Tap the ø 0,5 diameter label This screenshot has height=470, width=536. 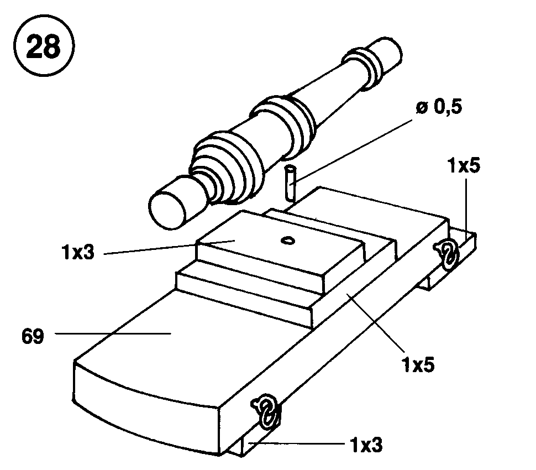click(439, 107)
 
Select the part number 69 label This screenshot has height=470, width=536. click(33, 336)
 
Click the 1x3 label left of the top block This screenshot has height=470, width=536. click(77, 253)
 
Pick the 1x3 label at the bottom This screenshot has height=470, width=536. click(366, 445)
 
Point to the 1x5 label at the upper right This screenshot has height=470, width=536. click(464, 165)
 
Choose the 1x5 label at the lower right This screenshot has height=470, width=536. click(418, 364)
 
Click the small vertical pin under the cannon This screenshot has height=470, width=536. click(290, 183)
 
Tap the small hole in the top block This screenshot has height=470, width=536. click(288, 241)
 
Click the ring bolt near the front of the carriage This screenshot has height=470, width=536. click(266, 412)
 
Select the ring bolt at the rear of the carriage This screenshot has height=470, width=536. click(446, 254)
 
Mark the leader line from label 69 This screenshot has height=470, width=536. click(113, 333)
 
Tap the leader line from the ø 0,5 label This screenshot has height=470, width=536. click(353, 151)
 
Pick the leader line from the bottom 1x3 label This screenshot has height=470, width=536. click(296, 444)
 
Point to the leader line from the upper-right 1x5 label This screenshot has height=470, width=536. click(466, 206)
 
